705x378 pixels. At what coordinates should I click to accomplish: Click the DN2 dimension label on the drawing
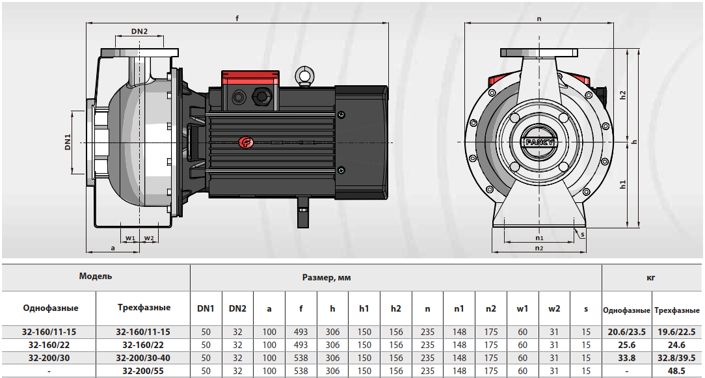point(139,31)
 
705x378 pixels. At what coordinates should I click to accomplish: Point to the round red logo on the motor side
point(246,142)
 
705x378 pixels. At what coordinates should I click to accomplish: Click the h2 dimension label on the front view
point(622,95)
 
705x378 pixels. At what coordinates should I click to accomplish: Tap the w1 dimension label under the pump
point(130,238)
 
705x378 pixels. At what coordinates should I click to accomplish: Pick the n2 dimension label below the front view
point(539,248)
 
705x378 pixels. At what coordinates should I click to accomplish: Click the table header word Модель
point(96,276)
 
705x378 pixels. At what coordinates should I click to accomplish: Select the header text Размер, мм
point(326,277)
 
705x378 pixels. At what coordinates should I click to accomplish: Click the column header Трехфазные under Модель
point(144,307)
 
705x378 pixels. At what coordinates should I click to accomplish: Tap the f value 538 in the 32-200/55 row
point(301,370)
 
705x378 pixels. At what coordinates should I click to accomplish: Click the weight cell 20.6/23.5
point(626,332)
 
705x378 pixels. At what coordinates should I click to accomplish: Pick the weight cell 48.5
point(678,370)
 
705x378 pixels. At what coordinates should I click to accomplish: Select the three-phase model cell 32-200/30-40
point(143,357)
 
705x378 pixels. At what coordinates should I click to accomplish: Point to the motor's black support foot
point(302,210)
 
